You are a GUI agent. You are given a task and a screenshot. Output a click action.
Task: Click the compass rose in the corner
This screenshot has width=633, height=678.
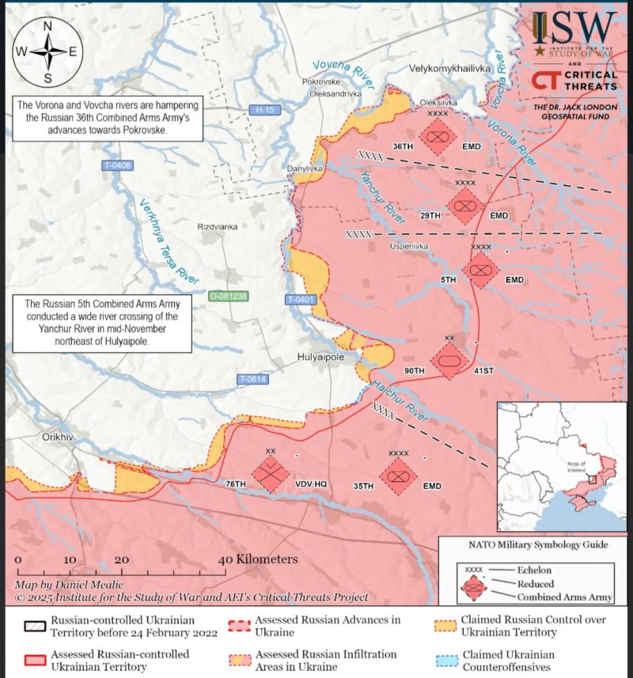[x=47, y=52]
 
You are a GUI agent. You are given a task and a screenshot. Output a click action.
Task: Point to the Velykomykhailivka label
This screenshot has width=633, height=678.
[x=449, y=69]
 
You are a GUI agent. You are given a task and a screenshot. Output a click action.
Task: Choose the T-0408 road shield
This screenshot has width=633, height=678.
[x=117, y=165]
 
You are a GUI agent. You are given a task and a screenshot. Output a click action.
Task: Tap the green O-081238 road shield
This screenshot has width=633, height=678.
[x=228, y=296]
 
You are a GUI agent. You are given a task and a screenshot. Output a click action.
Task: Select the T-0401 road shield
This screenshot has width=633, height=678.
[x=301, y=299]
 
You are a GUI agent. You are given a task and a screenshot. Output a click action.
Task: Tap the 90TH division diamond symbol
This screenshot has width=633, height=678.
[x=448, y=361]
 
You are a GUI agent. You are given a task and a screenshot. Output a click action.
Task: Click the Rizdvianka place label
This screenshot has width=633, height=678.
[x=218, y=226]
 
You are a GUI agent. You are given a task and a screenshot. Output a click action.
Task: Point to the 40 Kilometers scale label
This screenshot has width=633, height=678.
[x=260, y=559]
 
